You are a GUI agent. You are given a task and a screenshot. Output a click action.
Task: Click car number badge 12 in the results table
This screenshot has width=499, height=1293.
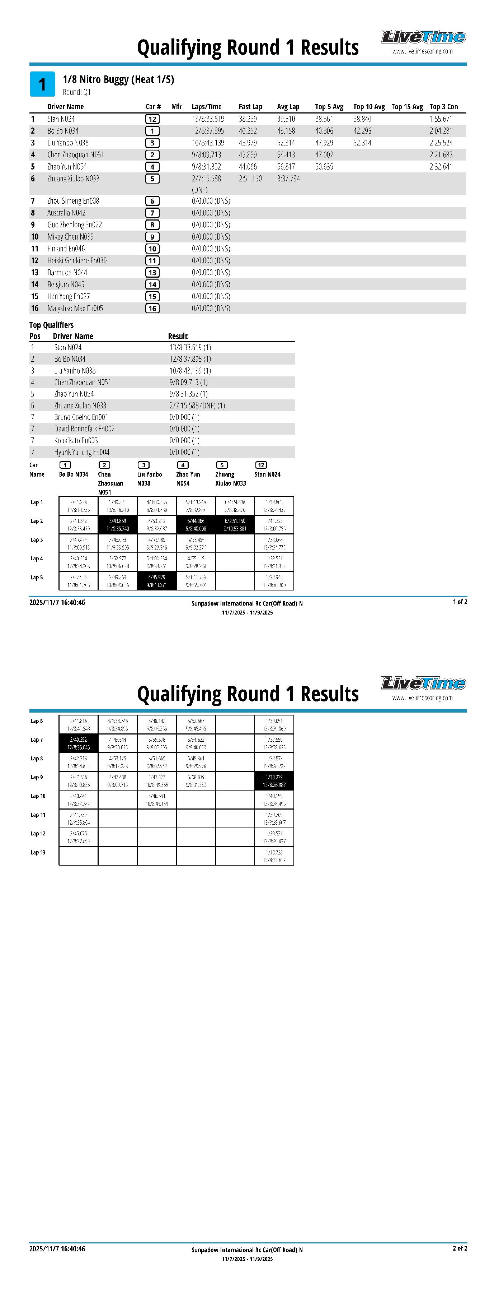pos(152,119)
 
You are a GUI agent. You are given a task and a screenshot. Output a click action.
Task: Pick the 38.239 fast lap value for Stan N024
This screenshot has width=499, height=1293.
pos(248,119)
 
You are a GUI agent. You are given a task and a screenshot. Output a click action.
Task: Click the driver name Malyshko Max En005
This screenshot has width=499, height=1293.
pos(75,309)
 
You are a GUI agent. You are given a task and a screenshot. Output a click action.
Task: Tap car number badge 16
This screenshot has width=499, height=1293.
pos(152,309)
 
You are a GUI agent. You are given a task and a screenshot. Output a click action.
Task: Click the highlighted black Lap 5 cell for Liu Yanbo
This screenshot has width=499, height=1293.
pos(156,581)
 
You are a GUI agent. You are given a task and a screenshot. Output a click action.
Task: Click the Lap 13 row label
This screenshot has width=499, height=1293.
pos(38,852)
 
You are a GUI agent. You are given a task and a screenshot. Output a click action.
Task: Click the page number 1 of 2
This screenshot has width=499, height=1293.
pos(460,602)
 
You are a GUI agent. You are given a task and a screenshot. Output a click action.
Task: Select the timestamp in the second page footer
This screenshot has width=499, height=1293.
pos(57,1248)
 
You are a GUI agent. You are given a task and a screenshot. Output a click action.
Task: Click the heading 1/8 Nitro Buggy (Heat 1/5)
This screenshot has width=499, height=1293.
pos(118,79)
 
